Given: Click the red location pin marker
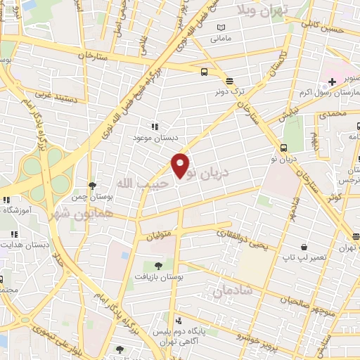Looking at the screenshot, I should point(181,165).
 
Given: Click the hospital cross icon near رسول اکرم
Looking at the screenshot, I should point(331,82).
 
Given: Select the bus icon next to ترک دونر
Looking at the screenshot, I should point(204,72).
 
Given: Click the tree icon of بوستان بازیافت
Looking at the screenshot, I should point(158,266).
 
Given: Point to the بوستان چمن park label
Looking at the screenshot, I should point(92,198).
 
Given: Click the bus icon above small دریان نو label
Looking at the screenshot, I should point(283,148).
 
